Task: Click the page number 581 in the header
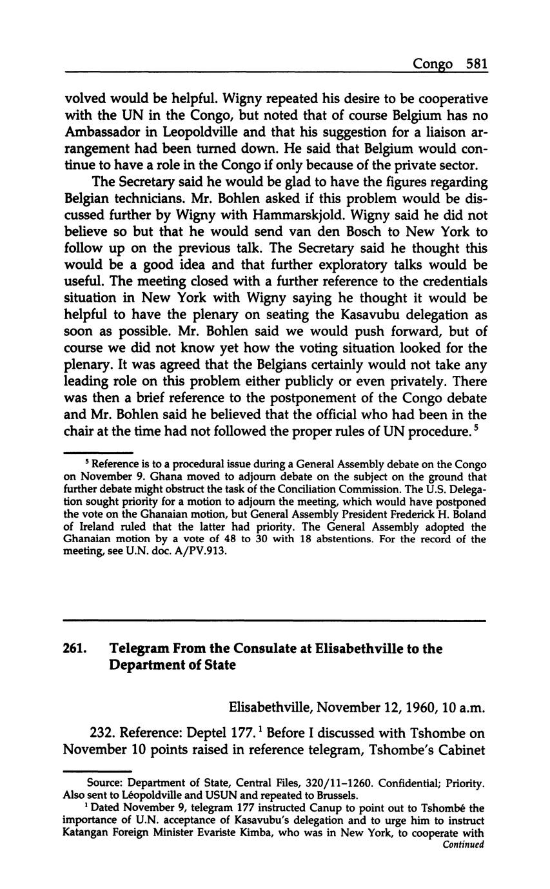coord(475,64)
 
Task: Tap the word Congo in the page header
coord(433,64)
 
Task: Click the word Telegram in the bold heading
coord(139,649)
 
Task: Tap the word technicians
coord(137,198)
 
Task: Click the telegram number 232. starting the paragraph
coord(103,733)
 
